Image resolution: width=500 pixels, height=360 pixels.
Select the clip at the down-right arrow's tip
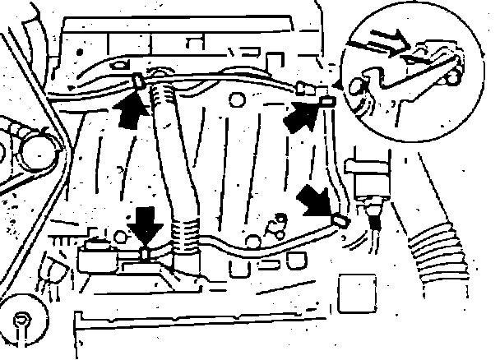tap(339, 219)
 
